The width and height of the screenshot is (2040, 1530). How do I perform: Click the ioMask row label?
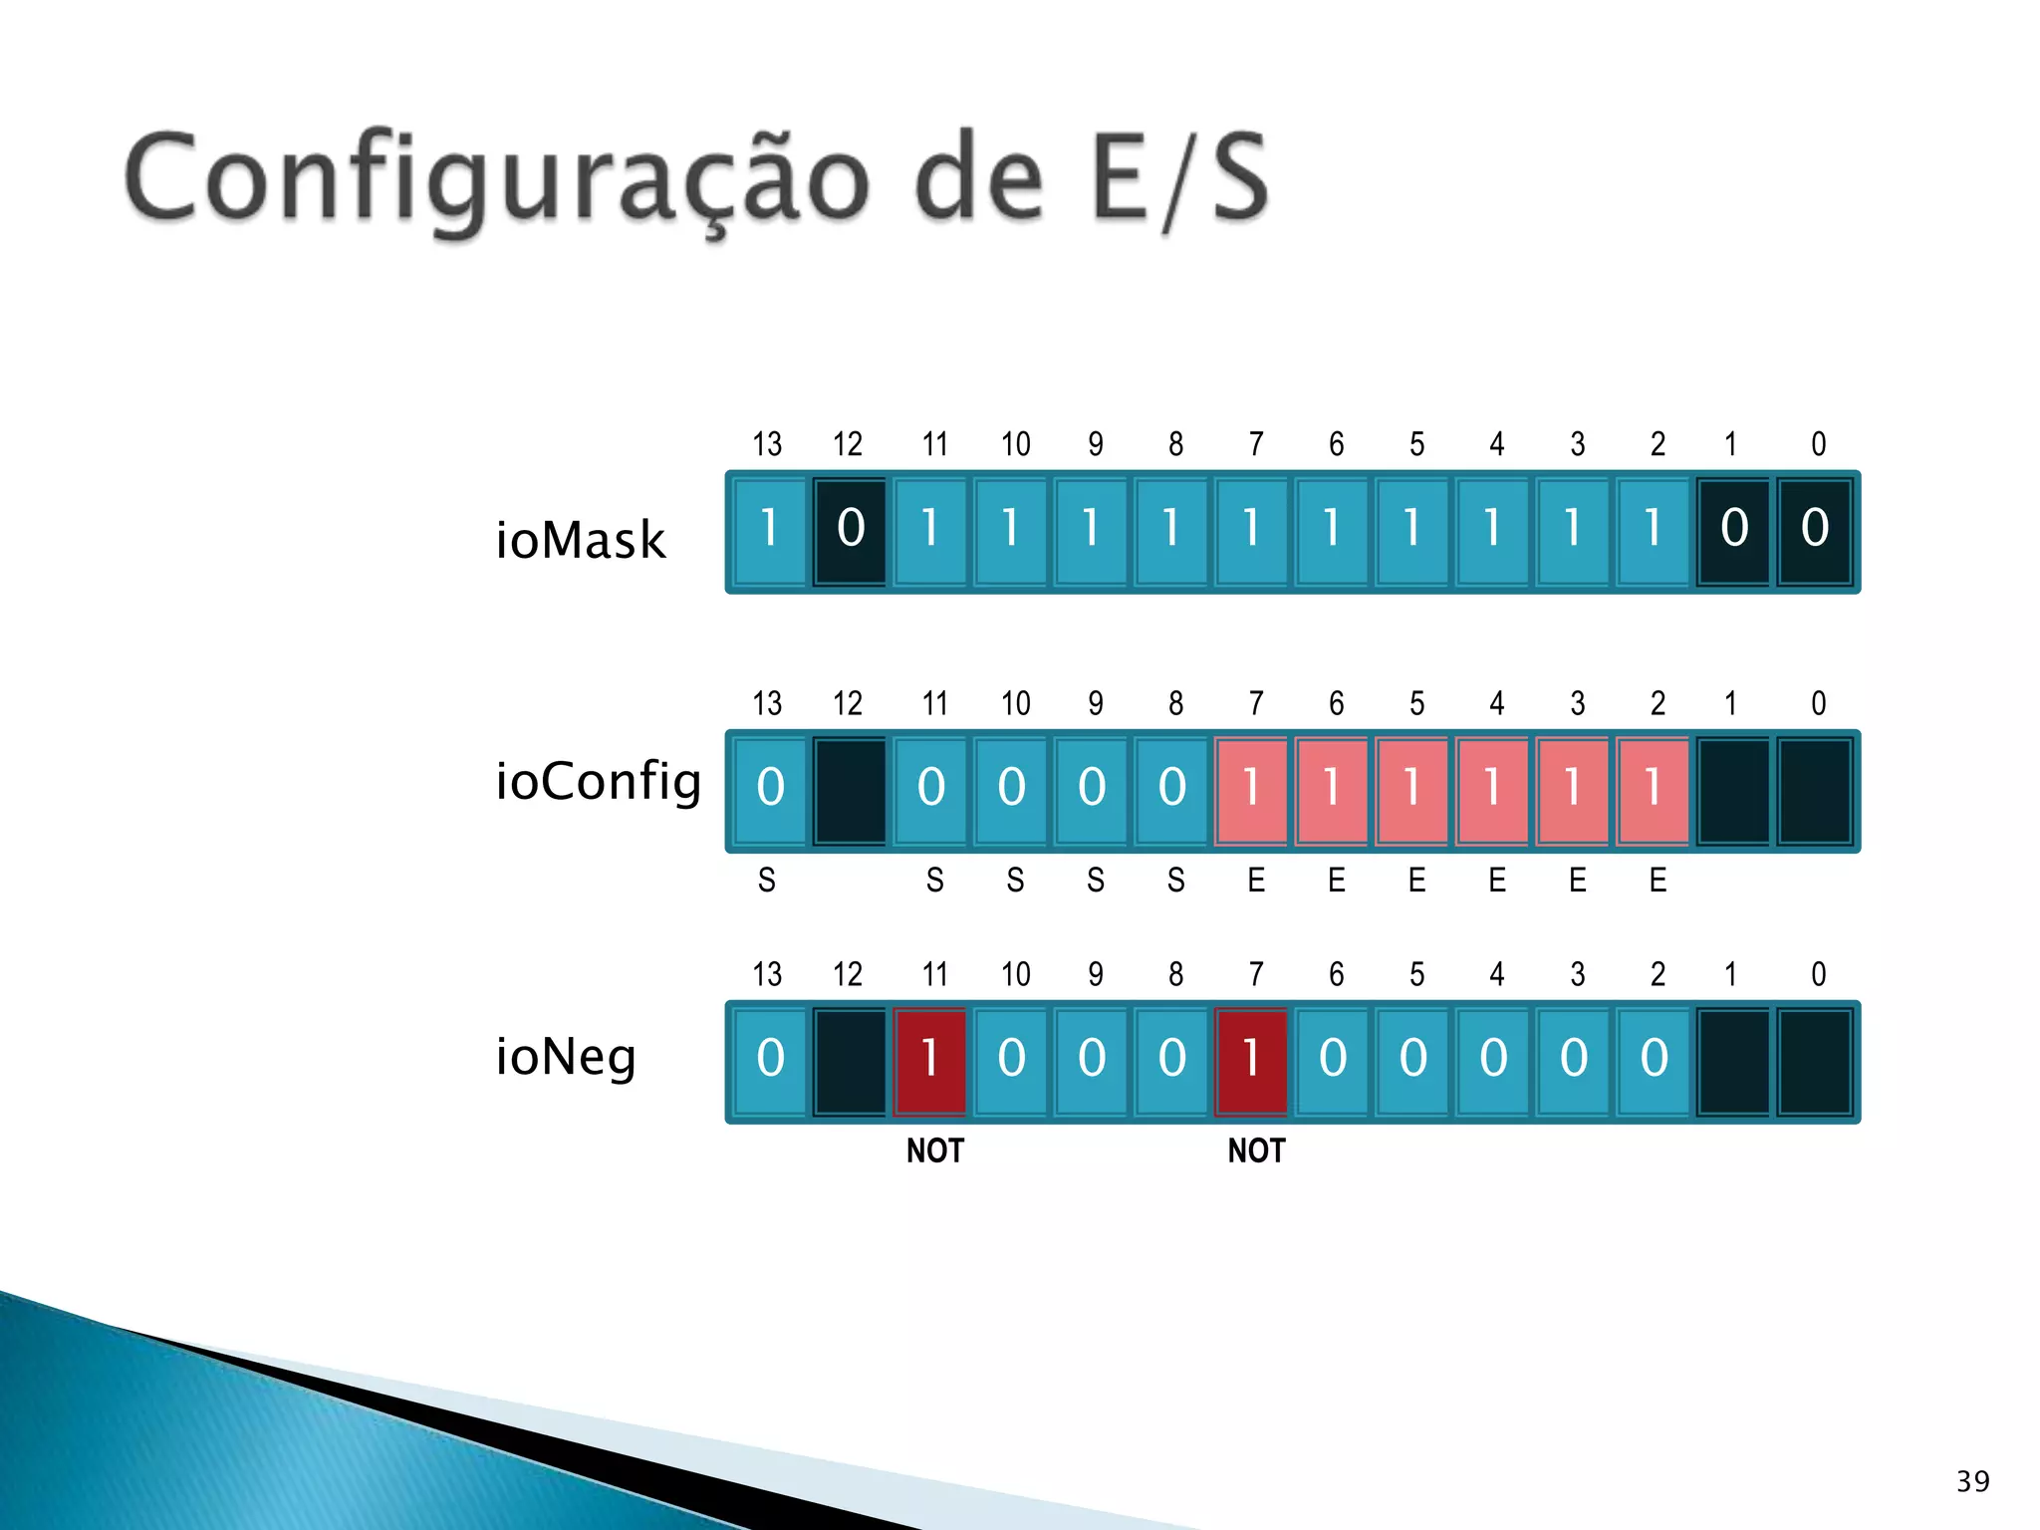(x=580, y=540)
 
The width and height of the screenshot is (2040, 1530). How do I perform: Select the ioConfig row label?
(x=599, y=781)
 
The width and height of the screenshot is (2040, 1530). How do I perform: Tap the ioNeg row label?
(x=566, y=1056)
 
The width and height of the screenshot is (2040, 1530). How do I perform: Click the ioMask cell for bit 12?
(x=850, y=531)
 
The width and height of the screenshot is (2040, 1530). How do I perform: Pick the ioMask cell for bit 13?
(x=769, y=531)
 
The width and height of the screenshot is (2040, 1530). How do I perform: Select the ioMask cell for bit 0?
(x=1814, y=531)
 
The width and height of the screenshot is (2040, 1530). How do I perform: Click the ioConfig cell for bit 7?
(x=1251, y=790)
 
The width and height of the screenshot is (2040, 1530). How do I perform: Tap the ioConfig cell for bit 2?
(x=1653, y=790)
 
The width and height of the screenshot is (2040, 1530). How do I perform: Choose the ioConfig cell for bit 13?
(x=769, y=790)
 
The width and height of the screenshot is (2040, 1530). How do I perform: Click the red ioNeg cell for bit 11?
(x=930, y=1061)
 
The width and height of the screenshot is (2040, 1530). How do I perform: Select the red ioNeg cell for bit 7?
(x=1251, y=1061)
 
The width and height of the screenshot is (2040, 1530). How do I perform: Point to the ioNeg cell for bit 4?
(x=1492, y=1061)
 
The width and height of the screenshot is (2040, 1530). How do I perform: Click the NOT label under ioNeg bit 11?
(x=934, y=1151)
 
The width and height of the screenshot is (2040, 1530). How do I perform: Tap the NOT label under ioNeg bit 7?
(x=1256, y=1151)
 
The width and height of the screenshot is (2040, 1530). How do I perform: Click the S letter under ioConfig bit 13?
(x=767, y=881)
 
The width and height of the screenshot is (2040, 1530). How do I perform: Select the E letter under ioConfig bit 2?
(x=1657, y=881)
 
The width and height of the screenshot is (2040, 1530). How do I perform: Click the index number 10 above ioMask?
(x=1015, y=444)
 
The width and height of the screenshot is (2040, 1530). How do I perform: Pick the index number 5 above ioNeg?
(x=1416, y=974)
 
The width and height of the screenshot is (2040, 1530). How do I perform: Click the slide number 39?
(x=1972, y=1481)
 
